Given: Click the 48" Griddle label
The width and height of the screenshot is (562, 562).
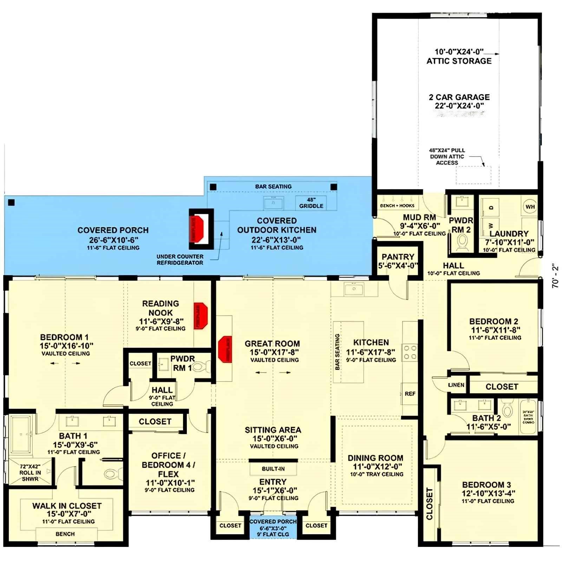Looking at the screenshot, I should (x=311, y=203).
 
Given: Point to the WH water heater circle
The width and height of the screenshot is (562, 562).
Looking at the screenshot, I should (x=530, y=207).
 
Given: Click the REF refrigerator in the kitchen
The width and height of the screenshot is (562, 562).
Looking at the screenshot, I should (x=410, y=394).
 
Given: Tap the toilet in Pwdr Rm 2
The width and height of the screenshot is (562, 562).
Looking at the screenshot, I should (x=462, y=241).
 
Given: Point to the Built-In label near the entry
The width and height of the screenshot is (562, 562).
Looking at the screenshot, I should (x=273, y=469).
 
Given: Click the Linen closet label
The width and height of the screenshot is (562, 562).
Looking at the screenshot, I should (x=456, y=385).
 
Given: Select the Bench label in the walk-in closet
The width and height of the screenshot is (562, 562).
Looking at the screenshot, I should (x=65, y=534).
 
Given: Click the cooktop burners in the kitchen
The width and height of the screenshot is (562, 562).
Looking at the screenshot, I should (x=410, y=352).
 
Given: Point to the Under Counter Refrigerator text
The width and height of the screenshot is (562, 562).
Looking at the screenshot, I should (x=180, y=260).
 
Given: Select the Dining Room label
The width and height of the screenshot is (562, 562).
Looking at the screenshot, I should (x=375, y=458).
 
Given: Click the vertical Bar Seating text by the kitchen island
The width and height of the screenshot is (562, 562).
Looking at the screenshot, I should (x=337, y=352).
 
